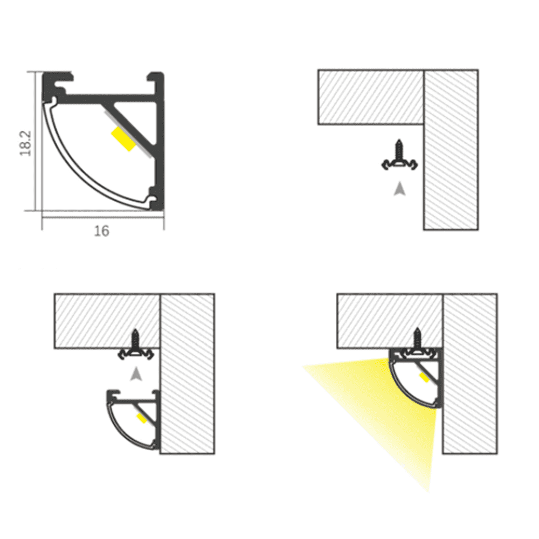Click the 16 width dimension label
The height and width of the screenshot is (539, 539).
(101, 231)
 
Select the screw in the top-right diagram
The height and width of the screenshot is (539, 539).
(399, 149)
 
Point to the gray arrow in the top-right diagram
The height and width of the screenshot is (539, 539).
(399, 189)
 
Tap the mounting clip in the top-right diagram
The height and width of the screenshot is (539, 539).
(399, 165)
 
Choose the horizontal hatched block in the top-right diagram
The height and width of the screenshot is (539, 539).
(371, 97)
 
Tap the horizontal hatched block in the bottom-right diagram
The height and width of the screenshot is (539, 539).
(389, 320)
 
